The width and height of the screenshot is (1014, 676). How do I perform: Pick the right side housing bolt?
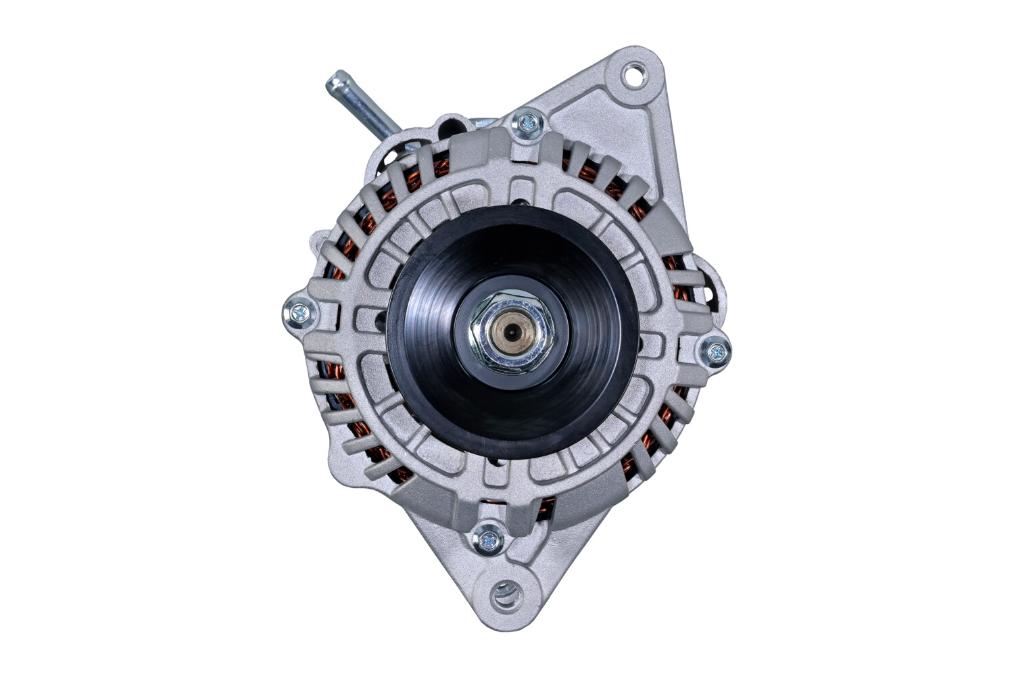(x=715, y=352)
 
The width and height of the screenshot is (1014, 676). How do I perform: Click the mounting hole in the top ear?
(x=634, y=74)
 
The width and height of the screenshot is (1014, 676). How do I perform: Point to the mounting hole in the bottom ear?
(x=504, y=595)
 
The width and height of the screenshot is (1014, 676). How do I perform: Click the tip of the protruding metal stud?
(x=334, y=82)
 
